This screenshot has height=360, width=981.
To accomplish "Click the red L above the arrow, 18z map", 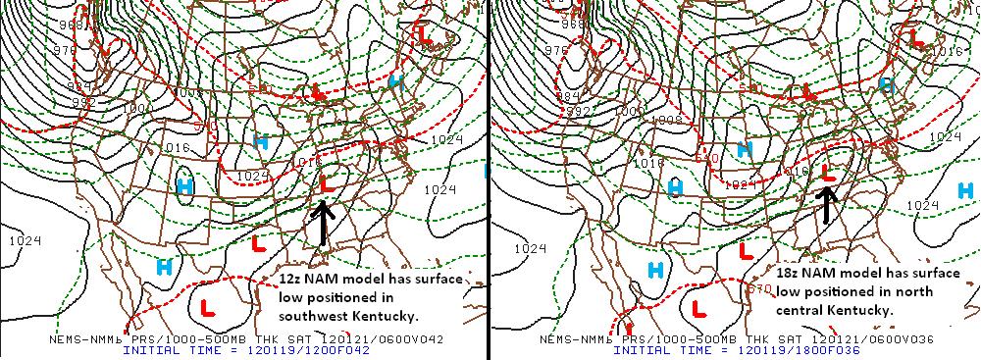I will pos(828,172).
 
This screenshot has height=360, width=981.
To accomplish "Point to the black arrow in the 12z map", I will pos(325,220).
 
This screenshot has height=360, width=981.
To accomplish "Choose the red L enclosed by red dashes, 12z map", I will pos(208,307).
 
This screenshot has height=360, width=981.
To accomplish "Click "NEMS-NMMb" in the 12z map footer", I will pos(82,338).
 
